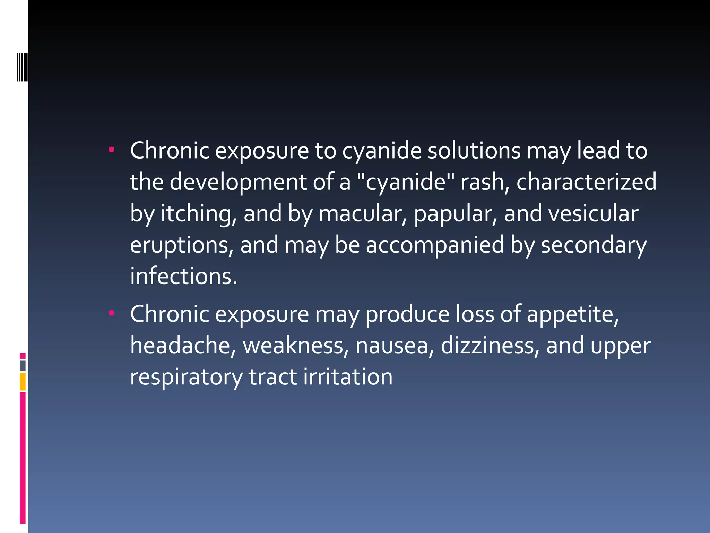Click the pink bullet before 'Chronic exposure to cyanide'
pyautogui.click(x=111, y=150)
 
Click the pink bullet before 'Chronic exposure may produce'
pyautogui.click(x=111, y=313)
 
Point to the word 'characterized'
pyautogui.click(x=586, y=182)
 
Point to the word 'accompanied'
pyautogui.click(x=435, y=245)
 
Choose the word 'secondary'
pyautogui.click(x=594, y=245)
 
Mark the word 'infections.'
pyautogui.click(x=184, y=276)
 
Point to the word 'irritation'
pyautogui.click(x=348, y=377)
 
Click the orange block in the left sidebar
pyautogui.click(x=23, y=382)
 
